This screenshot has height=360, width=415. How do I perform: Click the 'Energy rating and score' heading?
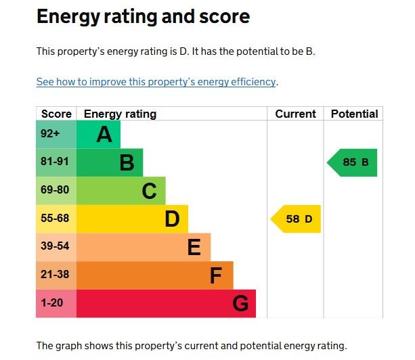click(143, 17)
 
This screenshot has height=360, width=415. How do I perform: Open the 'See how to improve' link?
click(156, 82)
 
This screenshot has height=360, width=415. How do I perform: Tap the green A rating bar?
click(99, 135)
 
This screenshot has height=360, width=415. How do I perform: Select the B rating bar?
click(110, 162)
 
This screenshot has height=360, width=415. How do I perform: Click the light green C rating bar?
click(121, 191)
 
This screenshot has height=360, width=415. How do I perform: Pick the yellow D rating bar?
click(133, 219)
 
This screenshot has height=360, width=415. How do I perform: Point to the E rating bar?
click(144, 247)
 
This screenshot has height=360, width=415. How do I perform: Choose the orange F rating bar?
click(155, 275)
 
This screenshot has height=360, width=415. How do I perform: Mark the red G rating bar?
click(167, 303)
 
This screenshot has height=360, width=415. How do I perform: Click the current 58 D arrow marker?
click(297, 219)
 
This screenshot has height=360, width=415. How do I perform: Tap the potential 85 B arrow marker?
click(353, 162)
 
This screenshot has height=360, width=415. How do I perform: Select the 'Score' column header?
click(56, 114)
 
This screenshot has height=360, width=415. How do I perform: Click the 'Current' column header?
click(295, 114)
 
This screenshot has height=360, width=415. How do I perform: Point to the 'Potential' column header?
click(354, 114)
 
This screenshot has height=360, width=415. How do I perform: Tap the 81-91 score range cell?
click(56, 162)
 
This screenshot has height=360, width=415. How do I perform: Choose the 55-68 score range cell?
click(56, 219)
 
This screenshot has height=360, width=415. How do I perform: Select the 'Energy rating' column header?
click(120, 114)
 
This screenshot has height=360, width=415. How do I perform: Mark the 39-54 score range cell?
click(56, 247)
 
